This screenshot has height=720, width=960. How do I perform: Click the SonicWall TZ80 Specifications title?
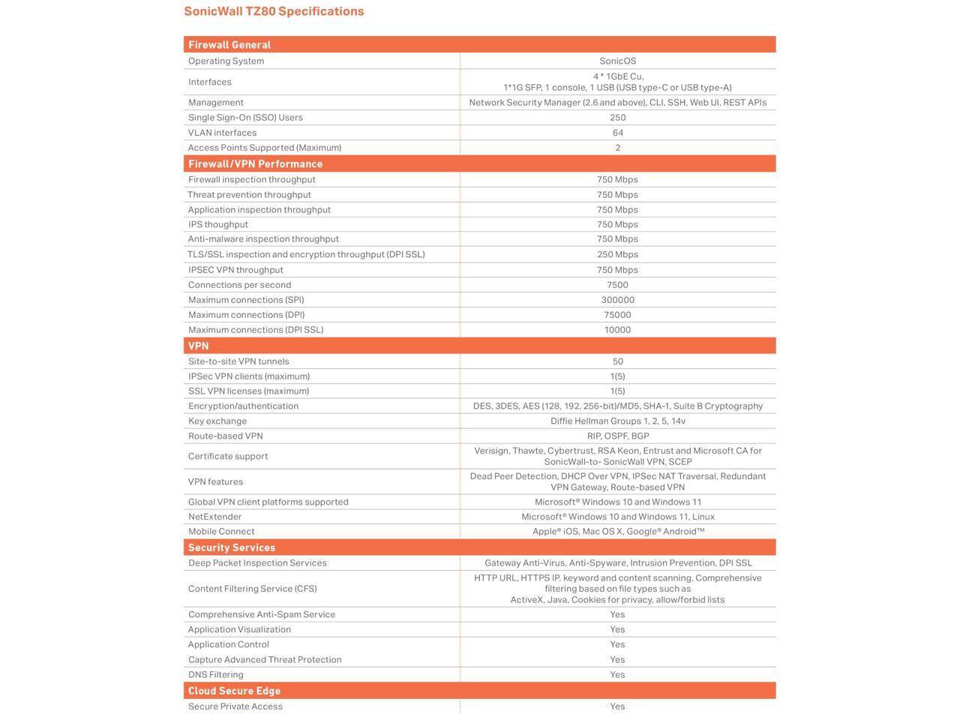pos(274,11)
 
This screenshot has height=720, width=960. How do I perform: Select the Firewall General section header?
pos(229,45)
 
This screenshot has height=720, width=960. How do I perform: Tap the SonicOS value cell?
pos(617,61)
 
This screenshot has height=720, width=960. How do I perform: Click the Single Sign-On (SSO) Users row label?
pos(245,118)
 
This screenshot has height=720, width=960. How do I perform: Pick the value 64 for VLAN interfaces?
pos(617,133)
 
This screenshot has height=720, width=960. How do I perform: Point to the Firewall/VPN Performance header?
pos(255,163)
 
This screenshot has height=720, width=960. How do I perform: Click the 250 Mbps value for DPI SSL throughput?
pos(617,254)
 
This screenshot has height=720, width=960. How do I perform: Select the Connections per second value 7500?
pos(617,285)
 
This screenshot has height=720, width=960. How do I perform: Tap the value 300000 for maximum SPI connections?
pos(617,300)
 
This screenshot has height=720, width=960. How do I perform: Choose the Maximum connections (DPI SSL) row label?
pos(256,330)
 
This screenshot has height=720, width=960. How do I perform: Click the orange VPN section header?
pos(199,346)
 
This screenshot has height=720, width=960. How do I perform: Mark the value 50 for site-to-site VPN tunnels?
pos(617,361)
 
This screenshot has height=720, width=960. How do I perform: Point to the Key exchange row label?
pos(217,421)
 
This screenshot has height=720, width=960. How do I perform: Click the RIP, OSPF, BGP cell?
pos(617,436)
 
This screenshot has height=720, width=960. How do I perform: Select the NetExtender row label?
pos(214,517)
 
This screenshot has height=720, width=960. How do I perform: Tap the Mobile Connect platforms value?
pos(618,532)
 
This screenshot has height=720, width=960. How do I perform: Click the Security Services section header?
pos(232,547)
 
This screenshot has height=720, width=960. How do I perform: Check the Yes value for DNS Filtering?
pos(617,675)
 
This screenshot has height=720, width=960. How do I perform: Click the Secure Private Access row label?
pos(235,706)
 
